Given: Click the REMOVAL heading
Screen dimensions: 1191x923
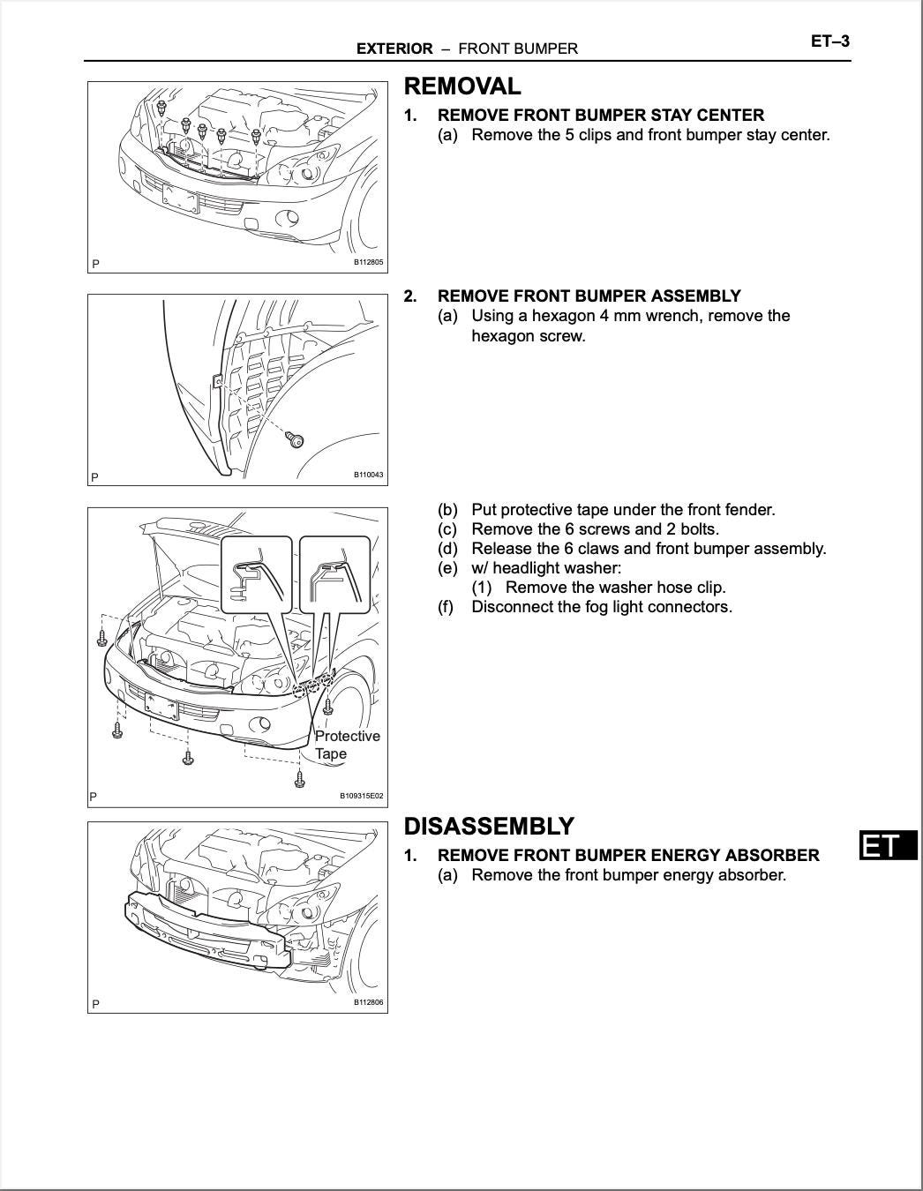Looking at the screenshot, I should coord(462,86).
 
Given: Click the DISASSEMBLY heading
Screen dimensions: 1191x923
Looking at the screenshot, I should coord(489,827).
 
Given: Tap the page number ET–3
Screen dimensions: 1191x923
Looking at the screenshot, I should coord(829,41).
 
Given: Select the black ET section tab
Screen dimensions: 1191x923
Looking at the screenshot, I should coord(887,846).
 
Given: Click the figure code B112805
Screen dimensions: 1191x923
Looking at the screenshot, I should coord(369,262).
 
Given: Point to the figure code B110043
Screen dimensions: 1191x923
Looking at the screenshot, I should coord(369,476).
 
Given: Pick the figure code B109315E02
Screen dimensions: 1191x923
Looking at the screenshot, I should coord(362,796).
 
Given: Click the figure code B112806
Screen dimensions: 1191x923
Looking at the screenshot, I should coord(369,1002).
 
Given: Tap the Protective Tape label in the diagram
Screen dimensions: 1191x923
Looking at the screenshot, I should coord(347,745).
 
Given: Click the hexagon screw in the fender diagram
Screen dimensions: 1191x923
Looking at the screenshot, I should coord(296,439).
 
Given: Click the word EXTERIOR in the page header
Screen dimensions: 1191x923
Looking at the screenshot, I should coord(394,49).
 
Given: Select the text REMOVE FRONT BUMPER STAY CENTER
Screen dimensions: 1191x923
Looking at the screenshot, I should coord(601,116).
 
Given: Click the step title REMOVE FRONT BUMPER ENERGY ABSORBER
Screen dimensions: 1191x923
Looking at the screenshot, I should coord(628,856).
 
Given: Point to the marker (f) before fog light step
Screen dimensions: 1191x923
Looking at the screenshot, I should coord(447,607).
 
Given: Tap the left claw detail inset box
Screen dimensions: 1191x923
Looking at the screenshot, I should coord(256,573).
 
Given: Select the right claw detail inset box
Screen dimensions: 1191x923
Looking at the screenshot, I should coord(334,573).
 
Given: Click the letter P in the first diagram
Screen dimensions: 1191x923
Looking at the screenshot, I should coord(95,264).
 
